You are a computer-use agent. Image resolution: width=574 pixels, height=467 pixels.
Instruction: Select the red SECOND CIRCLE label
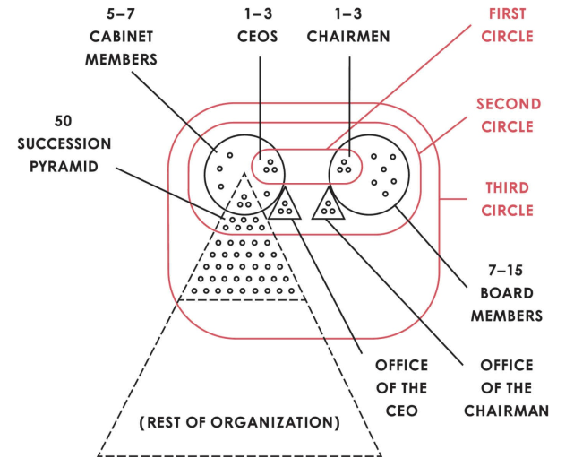click(509, 115)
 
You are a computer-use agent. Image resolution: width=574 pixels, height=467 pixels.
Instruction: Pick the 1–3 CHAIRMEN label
click(347, 25)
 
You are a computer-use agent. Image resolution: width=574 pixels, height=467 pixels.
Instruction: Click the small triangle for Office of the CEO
click(286, 205)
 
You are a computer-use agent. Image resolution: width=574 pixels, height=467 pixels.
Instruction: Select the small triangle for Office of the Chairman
click(329, 205)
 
